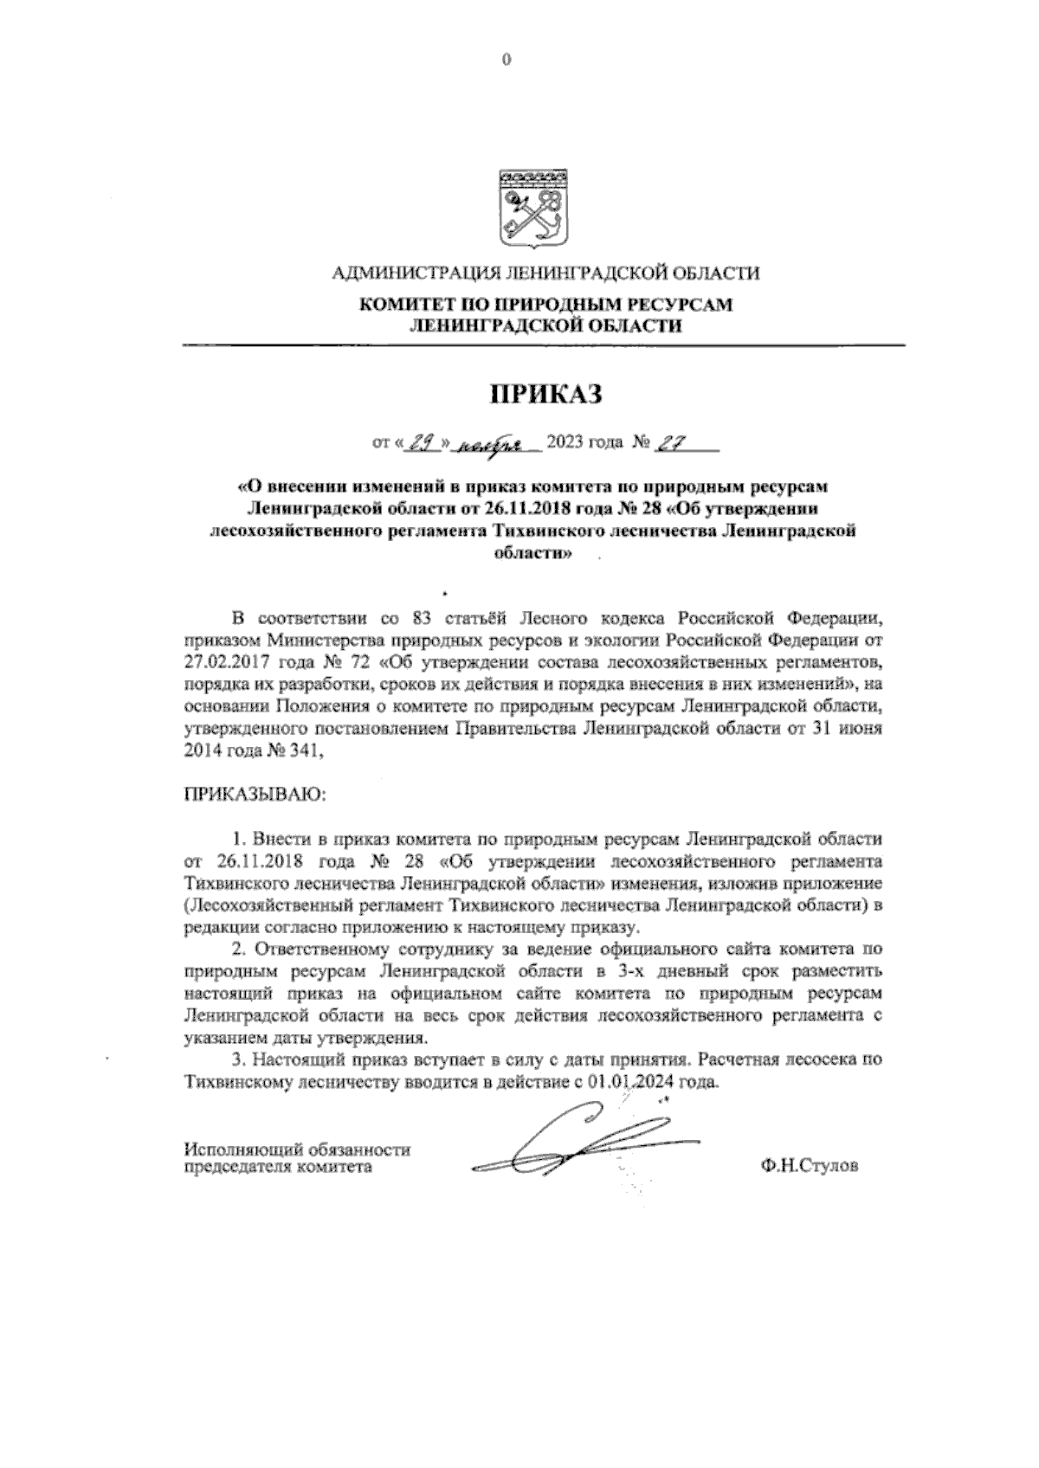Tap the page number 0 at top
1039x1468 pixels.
click(x=507, y=60)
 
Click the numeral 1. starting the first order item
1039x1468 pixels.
click(x=239, y=840)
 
